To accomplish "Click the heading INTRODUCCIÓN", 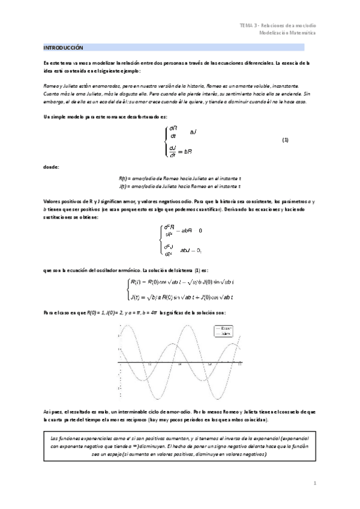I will point(63,47).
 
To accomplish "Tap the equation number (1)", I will point(286,140).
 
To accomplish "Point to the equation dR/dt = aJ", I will point(180,131).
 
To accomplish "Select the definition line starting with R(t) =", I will point(180,178).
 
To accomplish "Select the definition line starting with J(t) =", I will point(180,186).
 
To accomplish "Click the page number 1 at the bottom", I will point(314,482).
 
